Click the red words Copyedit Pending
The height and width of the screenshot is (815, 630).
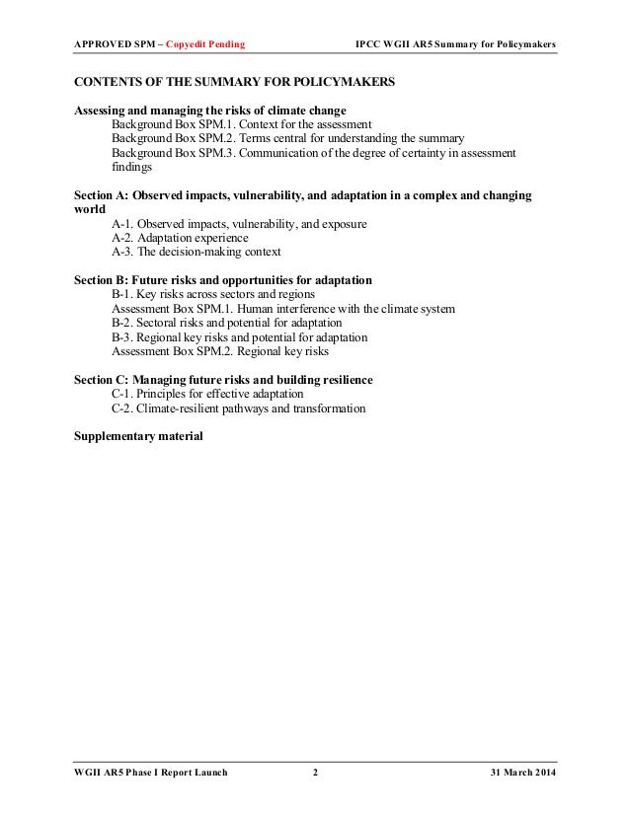pyautogui.click(x=205, y=45)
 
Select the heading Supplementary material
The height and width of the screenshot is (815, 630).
pyautogui.click(x=138, y=435)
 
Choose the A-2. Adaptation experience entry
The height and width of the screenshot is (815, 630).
pyautogui.click(x=180, y=239)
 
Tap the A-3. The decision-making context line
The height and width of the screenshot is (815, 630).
pyautogui.click(x=197, y=253)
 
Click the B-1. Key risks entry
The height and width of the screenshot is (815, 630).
pyautogui.click(x=213, y=295)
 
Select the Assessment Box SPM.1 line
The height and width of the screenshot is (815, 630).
pyautogui.click(x=283, y=309)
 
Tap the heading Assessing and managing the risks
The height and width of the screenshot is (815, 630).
pyautogui.click(x=210, y=111)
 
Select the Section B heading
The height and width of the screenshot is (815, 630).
pyautogui.click(x=223, y=281)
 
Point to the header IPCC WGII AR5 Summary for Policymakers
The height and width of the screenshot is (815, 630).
pyautogui.click(x=455, y=45)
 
